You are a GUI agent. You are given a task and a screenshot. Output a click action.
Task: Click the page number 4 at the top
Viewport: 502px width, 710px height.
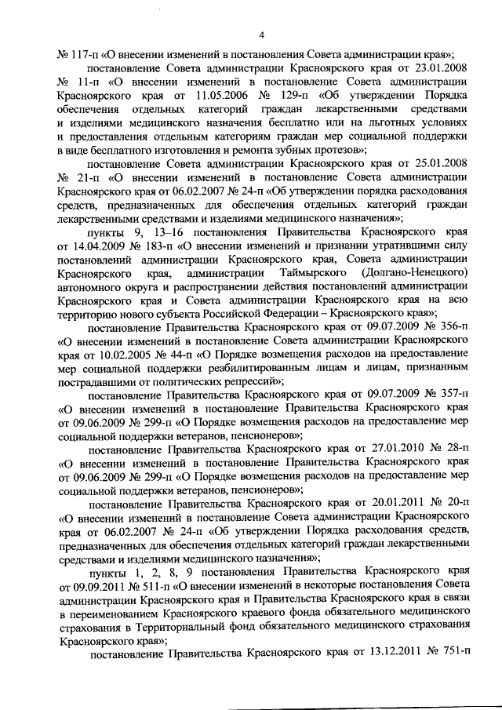(261, 34)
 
